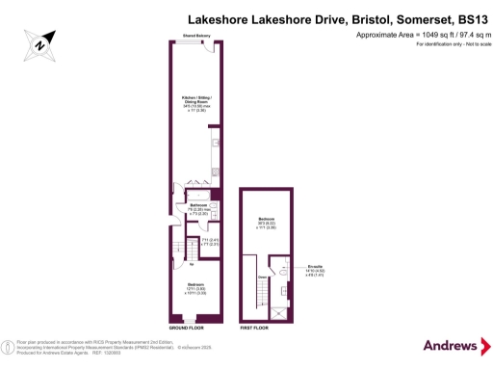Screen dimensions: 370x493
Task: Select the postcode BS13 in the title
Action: (465, 17)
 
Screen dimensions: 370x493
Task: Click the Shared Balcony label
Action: (196, 38)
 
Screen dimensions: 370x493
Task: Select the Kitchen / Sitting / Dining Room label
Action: (196, 100)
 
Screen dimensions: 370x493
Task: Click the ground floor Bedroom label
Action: (195, 284)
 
